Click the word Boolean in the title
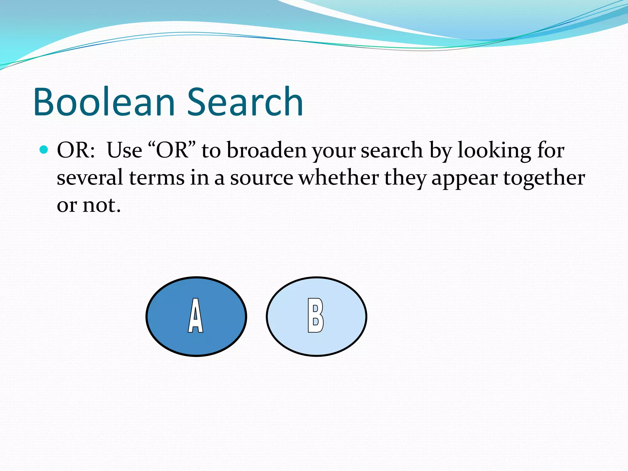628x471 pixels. (x=104, y=102)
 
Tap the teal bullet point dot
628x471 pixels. (x=44, y=150)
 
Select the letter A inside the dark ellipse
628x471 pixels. (x=195, y=316)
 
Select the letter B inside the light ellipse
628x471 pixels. (x=316, y=316)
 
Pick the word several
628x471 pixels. (x=90, y=178)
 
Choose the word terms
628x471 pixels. (x=156, y=178)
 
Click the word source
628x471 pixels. (x=262, y=178)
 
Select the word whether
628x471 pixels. (x=339, y=178)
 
